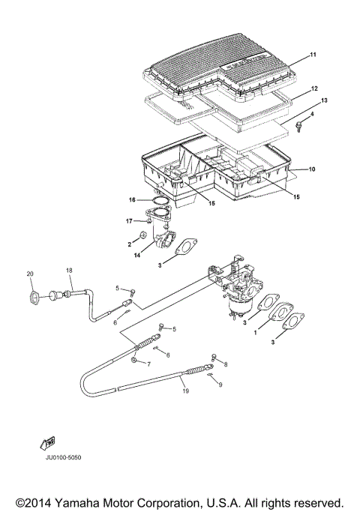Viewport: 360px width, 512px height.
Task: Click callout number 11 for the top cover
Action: tap(314, 55)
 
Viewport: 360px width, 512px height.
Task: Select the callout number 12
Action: tap(314, 88)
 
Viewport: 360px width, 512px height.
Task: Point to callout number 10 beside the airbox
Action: tap(313, 170)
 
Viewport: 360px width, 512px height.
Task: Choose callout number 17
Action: tap(129, 221)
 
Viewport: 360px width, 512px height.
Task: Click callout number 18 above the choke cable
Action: tap(69, 270)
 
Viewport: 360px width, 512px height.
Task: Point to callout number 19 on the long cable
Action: tap(185, 391)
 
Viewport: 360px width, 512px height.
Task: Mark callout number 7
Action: tap(148, 364)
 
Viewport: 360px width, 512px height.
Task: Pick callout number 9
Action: tap(220, 385)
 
